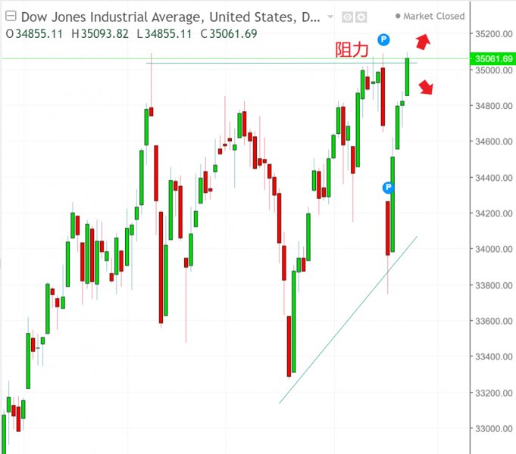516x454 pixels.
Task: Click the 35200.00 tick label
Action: [x=490, y=34]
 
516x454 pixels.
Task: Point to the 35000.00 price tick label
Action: [x=490, y=70]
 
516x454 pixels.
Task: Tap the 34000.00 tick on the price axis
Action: [x=490, y=250]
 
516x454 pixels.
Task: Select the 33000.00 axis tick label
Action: [x=490, y=429]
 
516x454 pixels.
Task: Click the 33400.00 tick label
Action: [x=490, y=357]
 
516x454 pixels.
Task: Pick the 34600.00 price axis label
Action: [x=490, y=141]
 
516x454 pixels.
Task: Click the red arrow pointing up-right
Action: [x=423, y=42]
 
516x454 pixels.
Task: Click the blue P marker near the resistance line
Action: [x=384, y=39]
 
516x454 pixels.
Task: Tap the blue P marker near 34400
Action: [x=389, y=187]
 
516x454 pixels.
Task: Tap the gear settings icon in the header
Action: [x=361, y=17]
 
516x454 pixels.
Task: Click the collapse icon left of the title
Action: [x=10, y=16]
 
